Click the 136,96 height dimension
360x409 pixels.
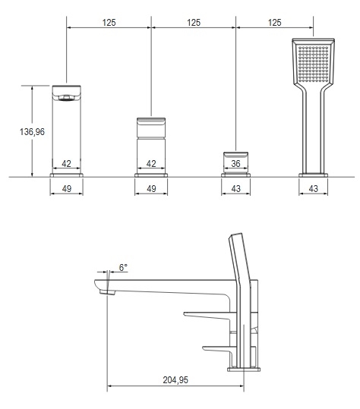pyautogui.click(x=32, y=132)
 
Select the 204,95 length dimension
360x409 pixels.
pyautogui.click(x=175, y=379)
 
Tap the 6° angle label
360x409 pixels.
pyautogui.click(x=123, y=267)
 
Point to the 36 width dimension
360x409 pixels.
pyautogui.click(x=235, y=164)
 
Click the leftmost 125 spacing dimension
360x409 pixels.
pyautogui.click(x=109, y=23)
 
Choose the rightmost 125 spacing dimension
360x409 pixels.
pyautogui.click(x=275, y=23)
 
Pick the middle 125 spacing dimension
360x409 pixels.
pyautogui.click(x=194, y=23)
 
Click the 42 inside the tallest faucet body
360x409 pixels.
pyautogui.click(x=66, y=164)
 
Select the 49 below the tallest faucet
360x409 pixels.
pyautogui.click(x=67, y=188)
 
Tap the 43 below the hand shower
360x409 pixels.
pyautogui.click(x=313, y=188)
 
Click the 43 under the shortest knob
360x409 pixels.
pyautogui.click(x=235, y=188)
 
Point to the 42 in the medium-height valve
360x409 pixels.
pyautogui.click(x=151, y=164)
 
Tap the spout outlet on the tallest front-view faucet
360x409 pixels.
pyautogui.click(x=66, y=98)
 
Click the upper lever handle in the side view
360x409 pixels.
pyautogui.click(x=207, y=316)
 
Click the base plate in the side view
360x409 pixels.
pyautogui.click(x=244, y=369)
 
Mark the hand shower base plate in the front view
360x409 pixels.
pyautogui.click(x=313, y=175)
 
